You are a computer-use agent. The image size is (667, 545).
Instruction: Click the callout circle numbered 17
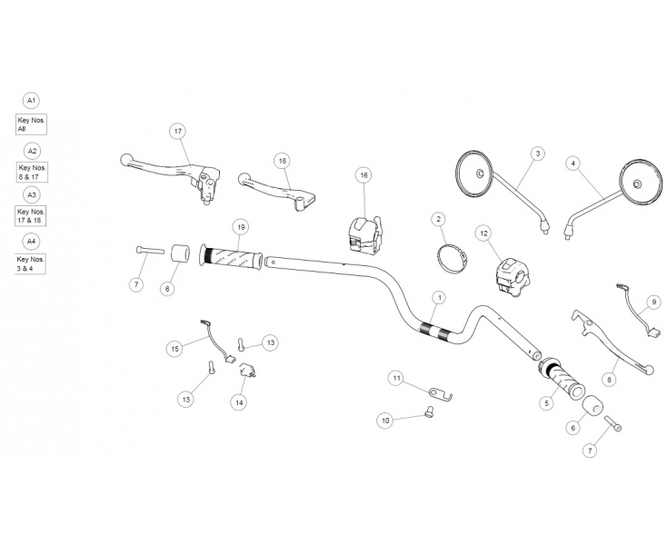click(x=178, y=131)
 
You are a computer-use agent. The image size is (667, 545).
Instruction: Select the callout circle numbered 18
click(x=282, y=160)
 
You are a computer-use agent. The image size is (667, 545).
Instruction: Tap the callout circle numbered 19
click(x=241, y=226)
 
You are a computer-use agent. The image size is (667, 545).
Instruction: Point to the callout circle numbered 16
click(x=363, y=174)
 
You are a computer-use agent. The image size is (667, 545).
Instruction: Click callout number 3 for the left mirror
click(x=537, y=154)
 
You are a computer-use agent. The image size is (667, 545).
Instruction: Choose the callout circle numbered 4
click(x=572, y=163)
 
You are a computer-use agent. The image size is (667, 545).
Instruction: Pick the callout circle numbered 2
click(x=438, y=219)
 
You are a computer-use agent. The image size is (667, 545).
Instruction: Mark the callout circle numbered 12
click(x=483, y=233)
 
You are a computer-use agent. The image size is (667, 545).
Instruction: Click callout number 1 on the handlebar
click(x=439, y=297)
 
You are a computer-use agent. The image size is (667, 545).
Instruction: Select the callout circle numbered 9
click(x=652, y=301)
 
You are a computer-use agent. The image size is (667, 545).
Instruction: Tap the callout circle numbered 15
click(x=174, y=348)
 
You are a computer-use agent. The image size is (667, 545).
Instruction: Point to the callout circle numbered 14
click(x=239, y=401)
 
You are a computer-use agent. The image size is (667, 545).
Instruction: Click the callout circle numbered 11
click(x=395, y=377)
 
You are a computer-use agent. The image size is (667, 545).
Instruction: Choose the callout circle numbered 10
click(x=385, y=420)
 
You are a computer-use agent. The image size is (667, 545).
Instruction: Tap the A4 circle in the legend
click(x=32, y=241)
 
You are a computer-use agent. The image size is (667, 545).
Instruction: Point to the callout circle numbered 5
click(x=546, y=401)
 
